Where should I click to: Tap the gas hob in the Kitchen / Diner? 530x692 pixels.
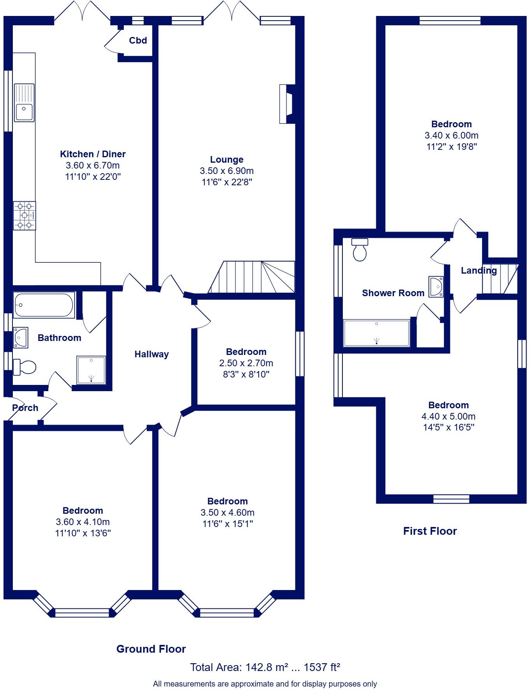click(24, 215)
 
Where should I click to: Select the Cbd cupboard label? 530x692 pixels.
click(138, 40)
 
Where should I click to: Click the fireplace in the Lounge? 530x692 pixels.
click(286, 104)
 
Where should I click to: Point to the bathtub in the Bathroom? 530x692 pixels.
click(44, 305)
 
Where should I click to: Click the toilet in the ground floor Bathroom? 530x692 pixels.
click(25, 367)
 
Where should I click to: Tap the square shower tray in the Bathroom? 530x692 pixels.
click(91, 370)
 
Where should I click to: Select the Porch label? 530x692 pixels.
click(25, 408)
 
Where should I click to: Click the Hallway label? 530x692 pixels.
click(152, 354)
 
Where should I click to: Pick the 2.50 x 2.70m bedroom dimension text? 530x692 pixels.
click(246, 363)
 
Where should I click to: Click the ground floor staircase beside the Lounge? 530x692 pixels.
click(252, 277)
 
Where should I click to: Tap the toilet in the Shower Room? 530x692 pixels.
click(360, 249)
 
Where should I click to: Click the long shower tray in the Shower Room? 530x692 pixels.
click(377, 333)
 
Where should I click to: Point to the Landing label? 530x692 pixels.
click(479, 270)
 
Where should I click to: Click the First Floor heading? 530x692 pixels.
click(430, 531)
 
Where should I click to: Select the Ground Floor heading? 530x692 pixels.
click(151, 649)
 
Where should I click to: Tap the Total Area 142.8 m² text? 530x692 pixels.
click(265, 667)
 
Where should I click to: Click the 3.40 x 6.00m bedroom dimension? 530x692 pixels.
click(451, 135)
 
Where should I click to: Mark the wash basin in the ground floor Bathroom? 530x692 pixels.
click(20, 337)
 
